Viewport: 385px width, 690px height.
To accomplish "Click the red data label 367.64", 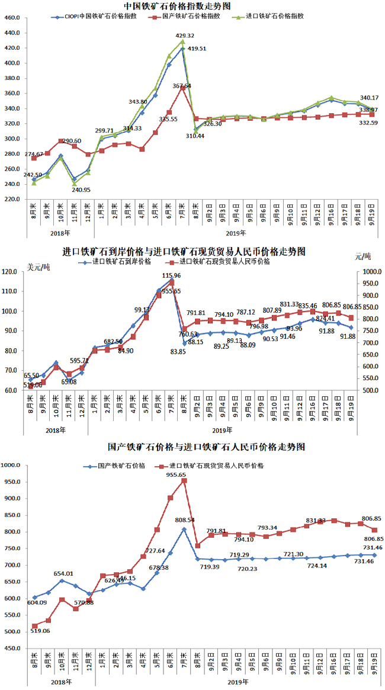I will (182, 86).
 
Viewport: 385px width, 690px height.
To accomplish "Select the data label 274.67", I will (23, 155).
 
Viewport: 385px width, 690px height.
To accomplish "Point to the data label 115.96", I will (172, 276).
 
